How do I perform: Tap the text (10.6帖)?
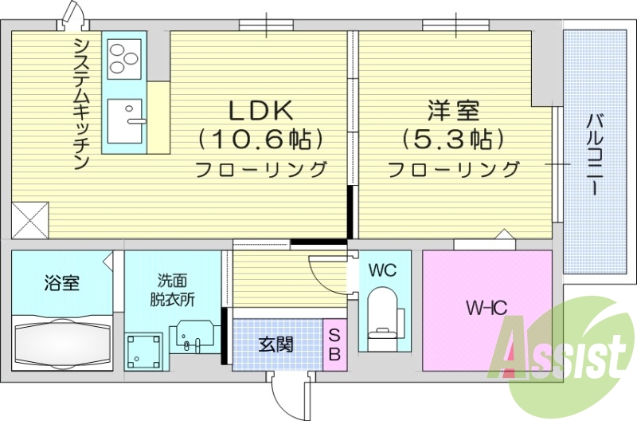(x=260, y=139)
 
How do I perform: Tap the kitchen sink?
(x=125, y=121)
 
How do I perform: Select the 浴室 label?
(x=61, y=283)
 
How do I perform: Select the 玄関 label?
(x=276, y=345)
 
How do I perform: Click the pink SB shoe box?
(x=334, y=344)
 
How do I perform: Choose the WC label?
(x=382, y=270)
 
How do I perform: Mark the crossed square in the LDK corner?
(x=30, y=219)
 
